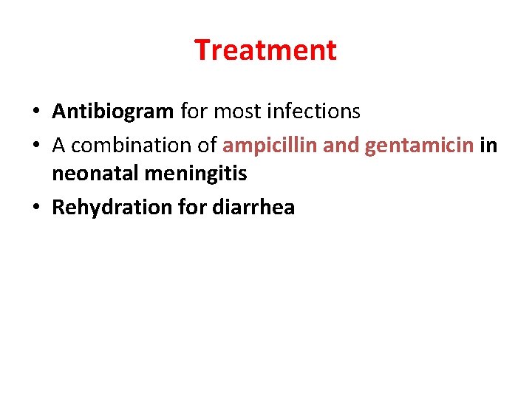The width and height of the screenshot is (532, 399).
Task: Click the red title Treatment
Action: (265, 50)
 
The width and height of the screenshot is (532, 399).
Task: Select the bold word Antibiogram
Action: (113, 112)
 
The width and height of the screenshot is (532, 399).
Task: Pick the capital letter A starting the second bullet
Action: (59, 146)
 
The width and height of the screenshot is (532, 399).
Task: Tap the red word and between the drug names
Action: (340, 146)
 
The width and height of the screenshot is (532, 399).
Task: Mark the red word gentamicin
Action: (419, 146)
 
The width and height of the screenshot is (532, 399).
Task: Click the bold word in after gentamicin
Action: (488, 146)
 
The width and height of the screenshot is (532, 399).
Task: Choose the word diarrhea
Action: (253, 208)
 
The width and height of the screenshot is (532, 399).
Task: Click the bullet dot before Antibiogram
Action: (35, 112)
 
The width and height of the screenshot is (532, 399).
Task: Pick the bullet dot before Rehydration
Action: (35, 208)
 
